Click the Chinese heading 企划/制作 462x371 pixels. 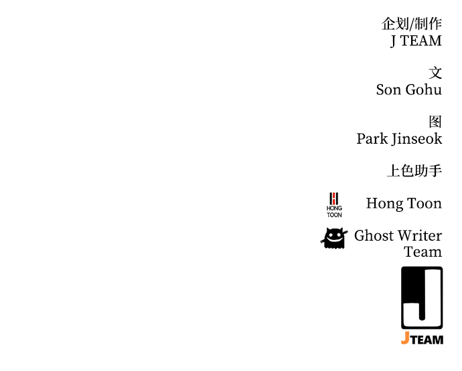click(412, 23)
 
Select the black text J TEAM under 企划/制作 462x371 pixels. click(416, 41)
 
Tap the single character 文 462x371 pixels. click(435, 73)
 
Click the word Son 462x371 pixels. click(388, 90)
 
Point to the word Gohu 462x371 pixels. click(424, 90)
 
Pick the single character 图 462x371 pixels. click(435, 122)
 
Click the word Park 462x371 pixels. click(372, 138)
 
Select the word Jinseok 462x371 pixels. click(416, 139)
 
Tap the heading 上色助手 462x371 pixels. click(414, 170)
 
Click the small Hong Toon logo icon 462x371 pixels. click(334, 205)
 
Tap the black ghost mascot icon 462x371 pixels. click(334, 239)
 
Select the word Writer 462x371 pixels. click(420, 236)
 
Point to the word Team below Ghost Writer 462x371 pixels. click(423, 252)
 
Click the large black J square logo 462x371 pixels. click(422, 297)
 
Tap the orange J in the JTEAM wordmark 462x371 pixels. click(405, 338)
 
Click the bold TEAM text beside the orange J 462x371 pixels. click(427, 340)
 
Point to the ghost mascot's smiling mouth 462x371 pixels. click(334, 241)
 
